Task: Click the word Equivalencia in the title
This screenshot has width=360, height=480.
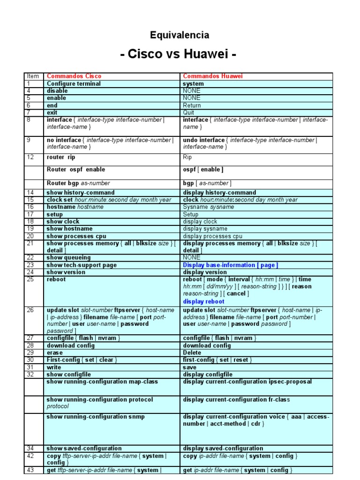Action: tap(180, 35)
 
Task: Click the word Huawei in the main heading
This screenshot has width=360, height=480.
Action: tap(205, 55)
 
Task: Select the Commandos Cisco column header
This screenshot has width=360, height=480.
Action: tap(74, 76)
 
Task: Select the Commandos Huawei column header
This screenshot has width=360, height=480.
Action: tap(213, 76)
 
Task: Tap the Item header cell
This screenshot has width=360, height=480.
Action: tap(33, 76)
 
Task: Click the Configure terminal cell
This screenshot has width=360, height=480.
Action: tap(74, 83)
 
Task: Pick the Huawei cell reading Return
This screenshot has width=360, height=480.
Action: tap(192, 105)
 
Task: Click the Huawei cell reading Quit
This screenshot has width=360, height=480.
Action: tap(188, 112)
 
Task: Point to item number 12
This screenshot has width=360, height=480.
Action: tap(30, 157)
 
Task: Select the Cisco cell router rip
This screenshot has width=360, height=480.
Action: tap(61, 157)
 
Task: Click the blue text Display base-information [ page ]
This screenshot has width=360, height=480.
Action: tap(230, 265)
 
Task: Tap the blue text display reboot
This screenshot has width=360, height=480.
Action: tap(203, 301)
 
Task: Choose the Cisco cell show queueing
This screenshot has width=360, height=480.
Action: tap(68, 257)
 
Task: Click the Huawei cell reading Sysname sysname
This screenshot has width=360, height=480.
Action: tap(202, 207)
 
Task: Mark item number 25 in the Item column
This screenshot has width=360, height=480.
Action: tap(30, 279)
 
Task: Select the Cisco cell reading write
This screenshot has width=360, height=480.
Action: tap(54, 367)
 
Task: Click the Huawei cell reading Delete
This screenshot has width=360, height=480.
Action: tap(192, 352)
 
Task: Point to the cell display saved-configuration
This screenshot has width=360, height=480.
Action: tap(223, 448)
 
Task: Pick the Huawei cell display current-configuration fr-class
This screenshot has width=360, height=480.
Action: tap(236, 399)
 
